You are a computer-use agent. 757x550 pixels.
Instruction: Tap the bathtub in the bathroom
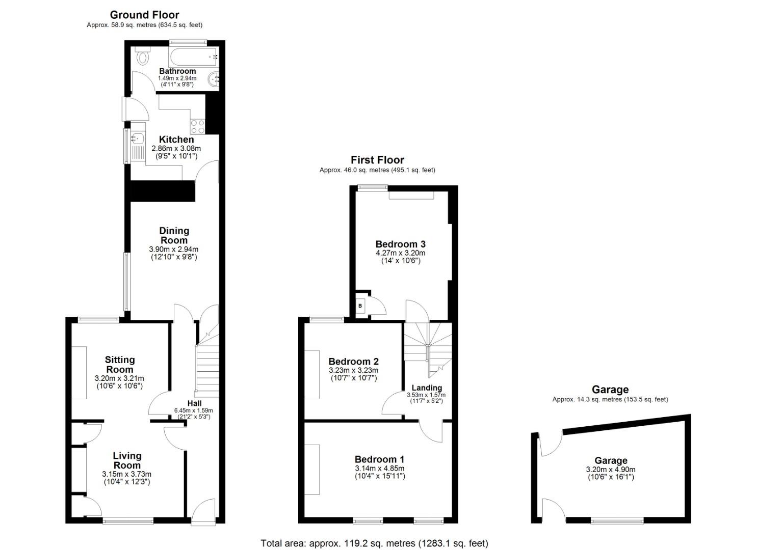click(194, 57)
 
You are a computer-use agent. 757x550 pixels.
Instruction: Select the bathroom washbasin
click(215, 79)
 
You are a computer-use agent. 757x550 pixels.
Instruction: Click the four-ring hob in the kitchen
click(198, 127)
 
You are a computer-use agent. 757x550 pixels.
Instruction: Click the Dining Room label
click(174, 235)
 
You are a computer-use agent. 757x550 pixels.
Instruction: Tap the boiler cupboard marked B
click(360, 306)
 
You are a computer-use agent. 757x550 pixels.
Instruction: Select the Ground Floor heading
click(145, 15)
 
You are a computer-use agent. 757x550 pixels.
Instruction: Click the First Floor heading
click(377, 160)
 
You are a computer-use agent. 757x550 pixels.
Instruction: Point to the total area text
click(375, 543)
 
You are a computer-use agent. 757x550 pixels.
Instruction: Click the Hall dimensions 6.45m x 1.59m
click(194, 410)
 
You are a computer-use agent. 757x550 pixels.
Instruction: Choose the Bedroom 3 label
click(401, 244)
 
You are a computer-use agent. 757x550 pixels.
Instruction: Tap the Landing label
click(427, 388)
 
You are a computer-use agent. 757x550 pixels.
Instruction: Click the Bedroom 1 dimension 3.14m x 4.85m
click(379, 469)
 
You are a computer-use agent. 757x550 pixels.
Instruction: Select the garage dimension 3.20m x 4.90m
click(611, 470)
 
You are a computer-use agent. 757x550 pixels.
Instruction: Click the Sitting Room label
click(120, 364)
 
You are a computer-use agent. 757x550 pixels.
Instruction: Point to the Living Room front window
click(128, 521)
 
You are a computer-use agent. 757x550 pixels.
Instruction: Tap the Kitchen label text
click(176, 140)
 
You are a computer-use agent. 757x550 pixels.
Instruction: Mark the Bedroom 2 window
click(327, 318)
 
